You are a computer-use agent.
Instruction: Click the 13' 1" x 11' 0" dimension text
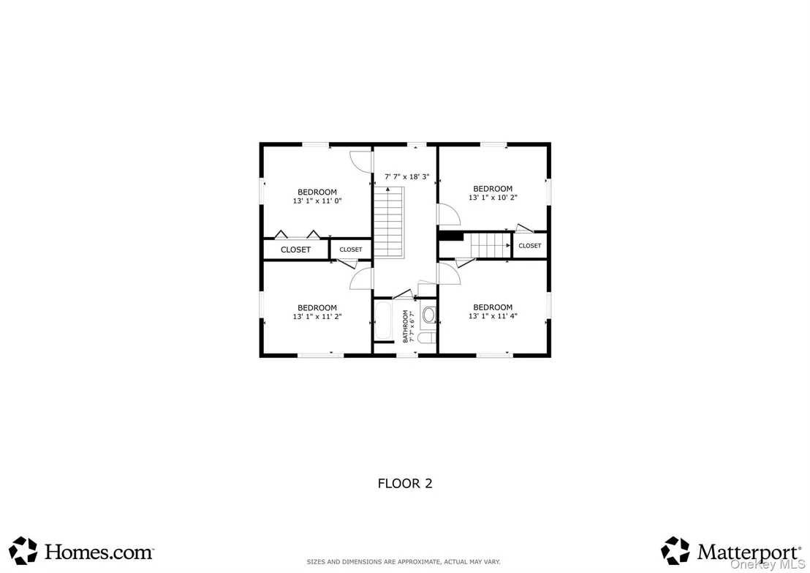click(x=317, y=201)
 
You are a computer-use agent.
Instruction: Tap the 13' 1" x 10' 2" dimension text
click(x=493, y=198)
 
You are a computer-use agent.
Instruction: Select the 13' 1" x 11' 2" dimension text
click(x=317, y=316)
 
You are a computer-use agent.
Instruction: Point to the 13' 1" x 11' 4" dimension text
click(x=493, y=316)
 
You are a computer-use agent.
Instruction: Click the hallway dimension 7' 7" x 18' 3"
click(x=407, y=177)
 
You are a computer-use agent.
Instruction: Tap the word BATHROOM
click(x=406, y=326)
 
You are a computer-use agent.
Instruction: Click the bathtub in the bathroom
click(x=383, y=321)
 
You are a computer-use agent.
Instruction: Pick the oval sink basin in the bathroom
click(x=429, y=315)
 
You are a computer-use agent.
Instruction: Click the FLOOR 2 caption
click(x=405, y=484)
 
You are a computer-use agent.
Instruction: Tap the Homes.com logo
click(x=81, y=551)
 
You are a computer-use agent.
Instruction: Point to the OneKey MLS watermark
click(x=767, y=565)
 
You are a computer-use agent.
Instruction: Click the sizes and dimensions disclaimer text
click(x=404, y=561)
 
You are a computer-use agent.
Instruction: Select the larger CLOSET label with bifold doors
click(x=295, y=250)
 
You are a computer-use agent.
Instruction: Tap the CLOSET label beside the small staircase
click(x=530, y=246)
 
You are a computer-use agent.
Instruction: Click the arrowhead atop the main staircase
click(x=387, y=190)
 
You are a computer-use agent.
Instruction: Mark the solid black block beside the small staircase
click(x=451, y=236)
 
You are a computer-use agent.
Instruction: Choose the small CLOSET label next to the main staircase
click(x=351, y=250)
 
